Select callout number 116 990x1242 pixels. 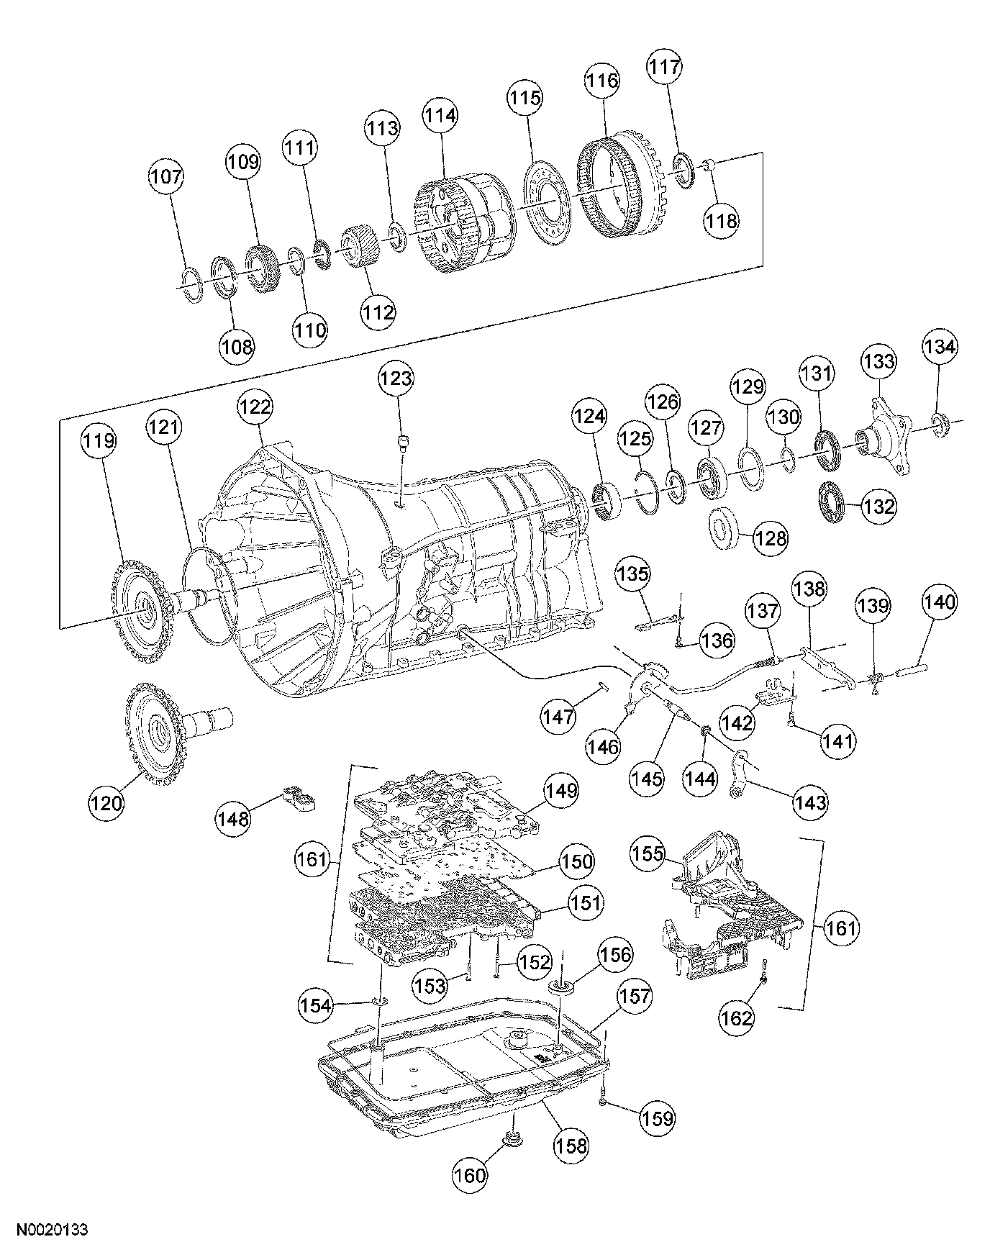tap(601, 80)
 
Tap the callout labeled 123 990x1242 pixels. tap(397, 379)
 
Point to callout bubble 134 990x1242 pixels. tap(940, 347)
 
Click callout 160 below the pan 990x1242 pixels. tap(471, 1175)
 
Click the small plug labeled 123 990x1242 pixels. tap(404, 440)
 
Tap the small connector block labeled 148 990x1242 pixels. tap(301, 799)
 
